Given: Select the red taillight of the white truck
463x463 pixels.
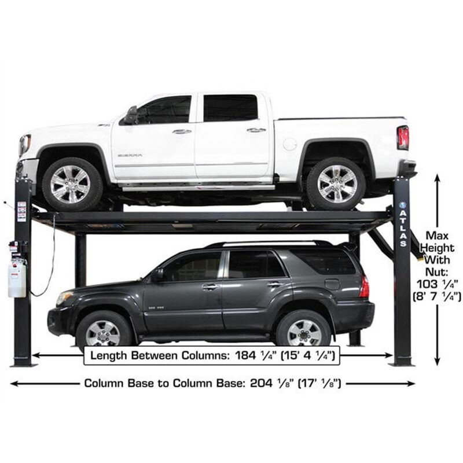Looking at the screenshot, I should coord(403,138).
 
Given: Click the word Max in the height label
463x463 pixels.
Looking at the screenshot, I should coord(438,235).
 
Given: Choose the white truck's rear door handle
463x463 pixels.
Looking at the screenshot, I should coord(256,130).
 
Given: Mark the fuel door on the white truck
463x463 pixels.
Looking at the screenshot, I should coord(290,144).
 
